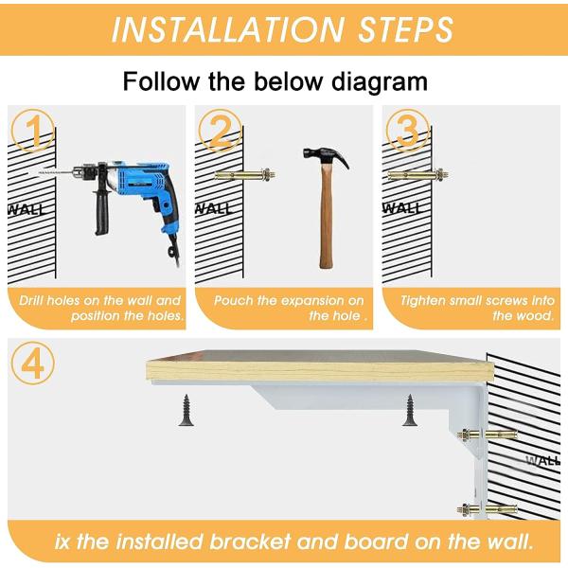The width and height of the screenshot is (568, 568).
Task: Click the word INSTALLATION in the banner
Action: [227, 29]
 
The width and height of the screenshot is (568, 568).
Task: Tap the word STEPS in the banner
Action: [405, 29]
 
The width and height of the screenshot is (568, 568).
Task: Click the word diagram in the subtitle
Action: [380, 81]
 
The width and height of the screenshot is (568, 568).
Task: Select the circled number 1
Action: [32, 131]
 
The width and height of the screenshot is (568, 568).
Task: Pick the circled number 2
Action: [220, 131]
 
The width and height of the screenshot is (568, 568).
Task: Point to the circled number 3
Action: [407, 131]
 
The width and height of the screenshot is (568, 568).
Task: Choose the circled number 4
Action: [32, 364]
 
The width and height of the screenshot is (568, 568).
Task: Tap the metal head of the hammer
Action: [326, 156]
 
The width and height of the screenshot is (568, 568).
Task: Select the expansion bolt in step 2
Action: [245, 175]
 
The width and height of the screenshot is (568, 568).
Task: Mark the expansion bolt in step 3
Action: [418, 175]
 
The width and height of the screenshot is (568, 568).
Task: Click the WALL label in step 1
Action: [27, 210]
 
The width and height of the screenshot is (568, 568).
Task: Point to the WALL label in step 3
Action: [402, 208]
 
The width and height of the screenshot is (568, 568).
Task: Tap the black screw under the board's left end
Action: [187, 410]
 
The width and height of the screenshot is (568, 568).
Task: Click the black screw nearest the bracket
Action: [410, 410]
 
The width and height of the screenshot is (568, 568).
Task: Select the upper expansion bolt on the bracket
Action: [487, 434]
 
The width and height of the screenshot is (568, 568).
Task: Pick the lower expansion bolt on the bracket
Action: [487, 509]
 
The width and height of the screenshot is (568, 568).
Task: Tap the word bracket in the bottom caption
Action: [250, 541]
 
